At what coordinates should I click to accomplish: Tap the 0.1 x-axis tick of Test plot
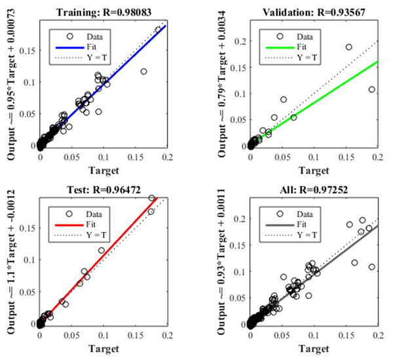[103, 333]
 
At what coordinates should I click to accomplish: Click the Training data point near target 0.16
[143, 71]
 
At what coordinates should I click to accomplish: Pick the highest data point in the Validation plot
[349, 47]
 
